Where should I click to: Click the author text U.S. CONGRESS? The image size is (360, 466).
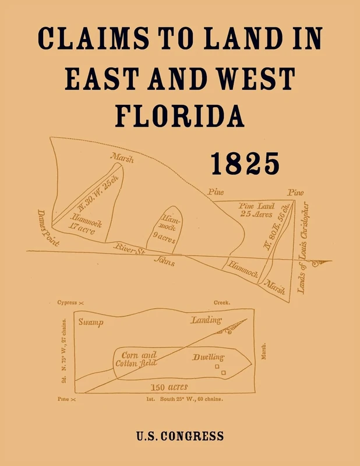click(180, 436)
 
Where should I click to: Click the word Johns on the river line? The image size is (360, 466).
click(164, 262)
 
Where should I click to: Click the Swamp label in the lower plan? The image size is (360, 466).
click(91, 322)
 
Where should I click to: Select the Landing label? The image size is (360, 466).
click(206, 320)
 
